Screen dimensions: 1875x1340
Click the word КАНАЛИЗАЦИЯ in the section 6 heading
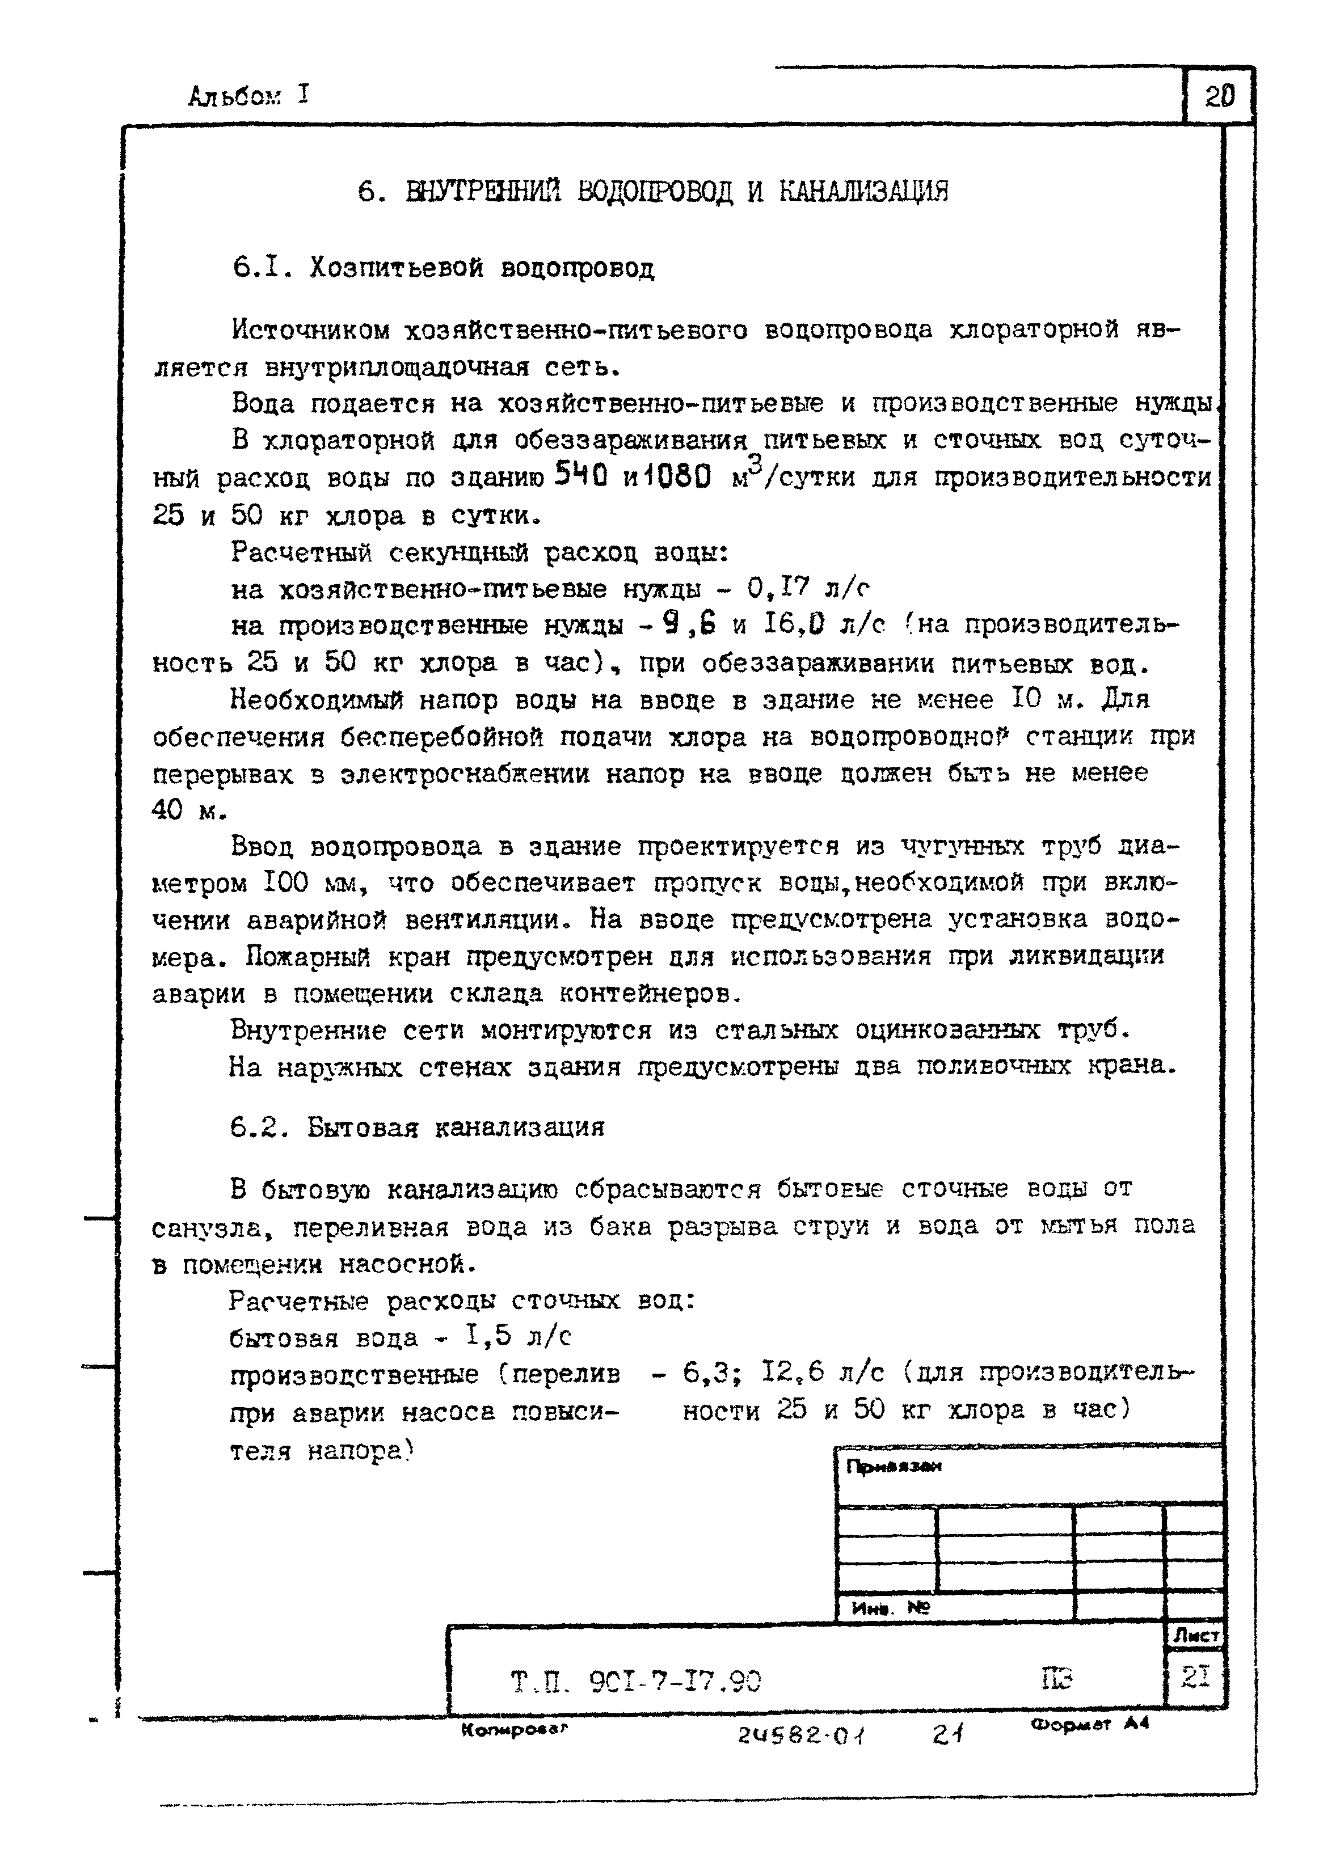(x=863, y=192)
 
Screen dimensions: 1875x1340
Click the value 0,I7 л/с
(x=808, y=589)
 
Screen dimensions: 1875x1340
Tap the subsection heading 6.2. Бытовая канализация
(x=416, y=1127)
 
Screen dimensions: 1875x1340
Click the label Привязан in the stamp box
(x=894, y=1467)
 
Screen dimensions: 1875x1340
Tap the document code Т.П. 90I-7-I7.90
(x=635, y=1680)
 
